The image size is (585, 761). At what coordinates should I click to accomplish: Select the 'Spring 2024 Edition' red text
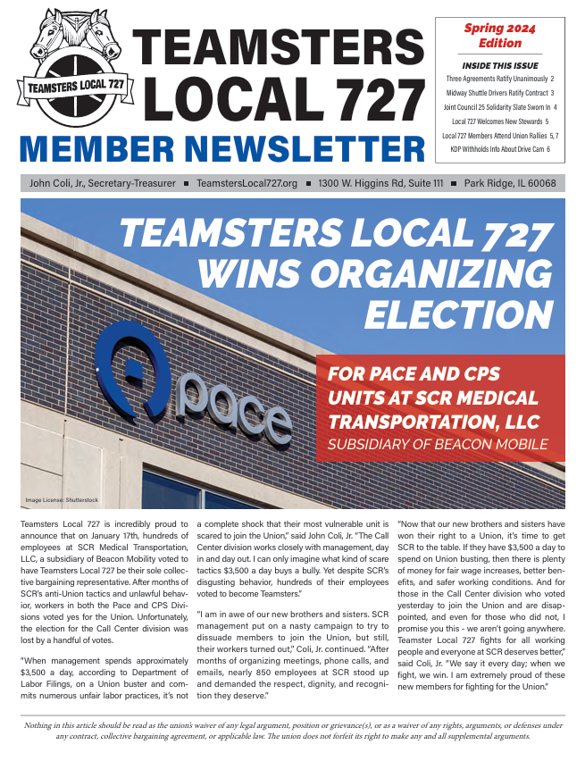click(499, 36)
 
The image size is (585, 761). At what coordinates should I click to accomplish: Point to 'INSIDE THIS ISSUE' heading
click(499, 65)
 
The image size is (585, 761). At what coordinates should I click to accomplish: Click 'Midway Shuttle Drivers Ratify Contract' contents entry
click(500, 93)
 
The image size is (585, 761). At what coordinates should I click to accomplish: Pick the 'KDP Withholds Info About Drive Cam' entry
click(500, 149)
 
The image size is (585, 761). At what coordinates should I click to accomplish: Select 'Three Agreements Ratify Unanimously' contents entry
click(500, 79)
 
